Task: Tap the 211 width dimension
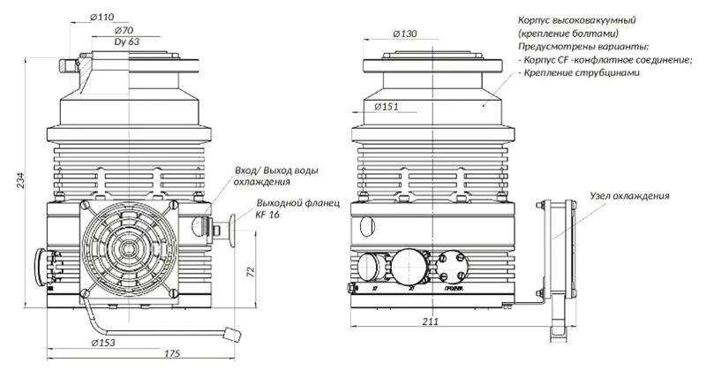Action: pyautogui.click(x=429, y=321)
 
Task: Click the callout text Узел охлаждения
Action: pyautogui.click(x=629, y=195)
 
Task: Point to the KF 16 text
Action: pyautogui.click(x=267, y=215)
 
